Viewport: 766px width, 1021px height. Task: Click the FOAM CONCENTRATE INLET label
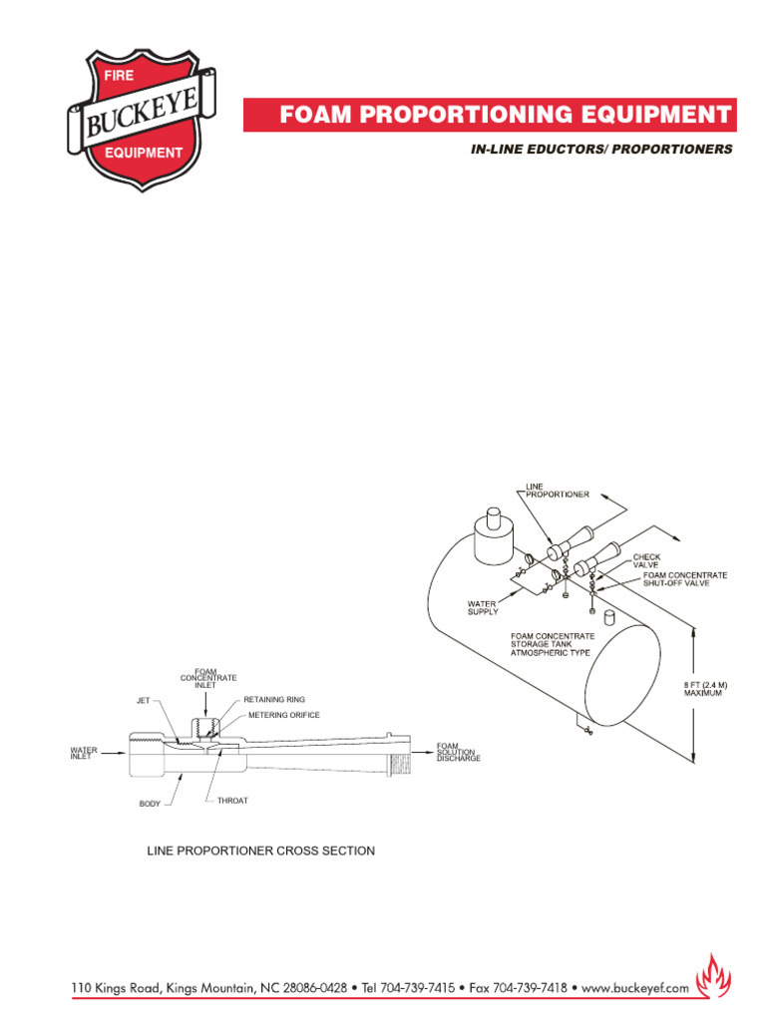coord(208,677)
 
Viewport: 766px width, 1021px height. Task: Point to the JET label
coord(143,701)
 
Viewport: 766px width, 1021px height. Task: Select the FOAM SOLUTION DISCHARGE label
coord(458,752)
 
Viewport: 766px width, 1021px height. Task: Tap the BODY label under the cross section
coord(150,804)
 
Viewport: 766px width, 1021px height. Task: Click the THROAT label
coord(231,801)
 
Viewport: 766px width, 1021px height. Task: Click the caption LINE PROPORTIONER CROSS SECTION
coord(261,851)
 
